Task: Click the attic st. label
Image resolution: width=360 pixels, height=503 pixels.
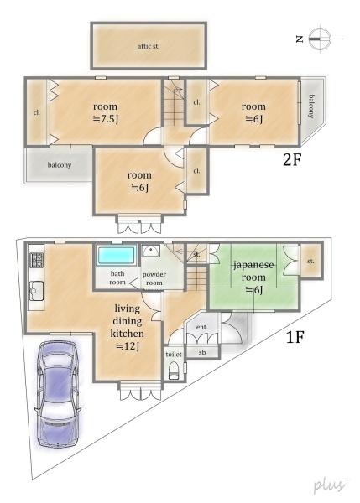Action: pyautogui.click(x=149, y=46)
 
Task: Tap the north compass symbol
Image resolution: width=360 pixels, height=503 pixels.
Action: pyautogui.click(x=320, y=39)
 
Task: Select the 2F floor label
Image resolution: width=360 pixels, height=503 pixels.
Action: pyautogui.click(x=292, y=159)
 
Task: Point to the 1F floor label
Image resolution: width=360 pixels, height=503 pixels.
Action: pyautogui.click(x=295, y=337)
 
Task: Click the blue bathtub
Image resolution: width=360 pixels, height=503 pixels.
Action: pyautogui.click(x=116, y=256)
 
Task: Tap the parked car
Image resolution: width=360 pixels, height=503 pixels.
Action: pyautogui.click(x=58, y=394)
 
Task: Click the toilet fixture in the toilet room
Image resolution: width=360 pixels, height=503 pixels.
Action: pyautogui.click(x=174, y=371)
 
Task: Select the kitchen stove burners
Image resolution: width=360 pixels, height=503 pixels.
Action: pyautogui.click(x=37, y=260)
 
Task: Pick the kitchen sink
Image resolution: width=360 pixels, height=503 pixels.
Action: pyautogui.click(x=37, y=291)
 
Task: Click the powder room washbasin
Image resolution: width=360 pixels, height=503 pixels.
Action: pyautogui.click(x=150, y=251)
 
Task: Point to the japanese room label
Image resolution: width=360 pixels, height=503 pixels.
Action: pyautogui.click(x=253, y=271)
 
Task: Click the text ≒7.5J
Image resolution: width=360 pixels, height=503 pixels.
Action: pyautogui.click(x=106, y=119)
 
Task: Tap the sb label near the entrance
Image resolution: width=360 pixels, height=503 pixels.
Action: pyautogui.click(x=202, y=352)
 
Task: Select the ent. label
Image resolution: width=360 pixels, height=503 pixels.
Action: pyautogui.click(x=201, y=327)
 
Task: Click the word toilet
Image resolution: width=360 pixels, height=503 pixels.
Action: pyautogui.click(x=174, y=354)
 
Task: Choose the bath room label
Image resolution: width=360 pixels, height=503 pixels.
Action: pyautogui.click(x=117, y=277)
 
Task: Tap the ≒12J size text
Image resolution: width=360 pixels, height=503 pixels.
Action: pyautogui.click(x=128, y=346)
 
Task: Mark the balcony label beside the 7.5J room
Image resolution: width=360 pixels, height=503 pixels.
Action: pyautogui.click(x=60, y=165)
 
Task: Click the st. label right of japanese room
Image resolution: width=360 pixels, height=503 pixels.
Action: pyautogui.click(x=310, y=262)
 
